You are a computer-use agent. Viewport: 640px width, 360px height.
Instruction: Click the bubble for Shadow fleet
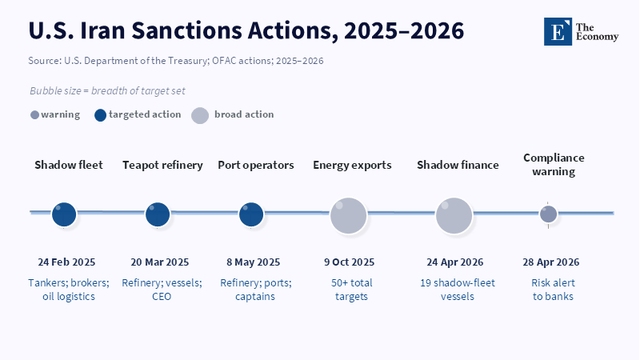coord(64,214)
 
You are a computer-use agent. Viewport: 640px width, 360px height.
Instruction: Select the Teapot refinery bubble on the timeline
coord(158,214)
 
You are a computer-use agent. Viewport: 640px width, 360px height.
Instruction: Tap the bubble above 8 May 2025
coord(251,214)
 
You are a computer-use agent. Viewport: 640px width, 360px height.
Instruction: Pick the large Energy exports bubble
coord(348,216)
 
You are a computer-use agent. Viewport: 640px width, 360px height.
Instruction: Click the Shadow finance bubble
coord(454,216)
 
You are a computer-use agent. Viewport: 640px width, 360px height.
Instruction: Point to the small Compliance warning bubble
coord(548,214)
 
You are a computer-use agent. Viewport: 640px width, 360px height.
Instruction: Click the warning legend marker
coord(34,115)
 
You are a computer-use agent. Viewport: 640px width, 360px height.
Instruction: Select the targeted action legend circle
coord(101,115)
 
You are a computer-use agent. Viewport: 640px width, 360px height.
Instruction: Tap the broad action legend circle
coord(200,115)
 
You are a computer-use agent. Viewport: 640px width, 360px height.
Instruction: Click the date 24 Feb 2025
coord(66,262)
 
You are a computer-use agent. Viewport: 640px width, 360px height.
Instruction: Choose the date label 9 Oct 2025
coord(350,262)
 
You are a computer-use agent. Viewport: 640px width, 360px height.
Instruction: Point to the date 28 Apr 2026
coord(551,262)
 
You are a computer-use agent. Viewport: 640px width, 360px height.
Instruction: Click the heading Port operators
coord(256,166)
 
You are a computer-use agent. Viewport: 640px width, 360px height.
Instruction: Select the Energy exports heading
coord(352,166)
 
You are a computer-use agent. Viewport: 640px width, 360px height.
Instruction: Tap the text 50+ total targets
coord(351,290)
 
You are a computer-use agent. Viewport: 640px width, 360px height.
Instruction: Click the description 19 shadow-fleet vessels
coord(458,290)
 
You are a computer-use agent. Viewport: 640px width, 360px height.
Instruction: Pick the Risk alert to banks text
coord(553,290)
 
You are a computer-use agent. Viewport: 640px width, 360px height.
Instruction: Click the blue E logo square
coord(558,31)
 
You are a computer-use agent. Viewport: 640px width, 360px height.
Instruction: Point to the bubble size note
coord(107,90)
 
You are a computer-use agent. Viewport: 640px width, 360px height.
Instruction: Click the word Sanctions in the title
coord(186,30)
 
